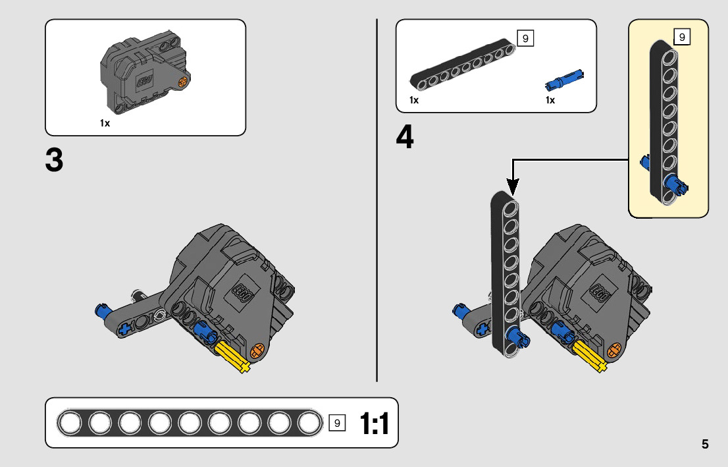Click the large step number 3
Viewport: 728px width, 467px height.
tap(54, 160)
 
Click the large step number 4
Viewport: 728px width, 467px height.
tap(405, 138)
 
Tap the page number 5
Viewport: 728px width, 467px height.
tap(705, 444)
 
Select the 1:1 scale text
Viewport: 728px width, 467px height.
tap(374, 424)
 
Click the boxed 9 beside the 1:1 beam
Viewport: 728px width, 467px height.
tap(336, 424)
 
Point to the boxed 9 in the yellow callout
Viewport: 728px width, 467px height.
tap(682, 37)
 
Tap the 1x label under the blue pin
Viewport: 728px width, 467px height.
tap(550, 100)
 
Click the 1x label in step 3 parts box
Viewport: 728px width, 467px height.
tap(105, 123)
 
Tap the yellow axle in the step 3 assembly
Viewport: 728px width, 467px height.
tap(232, 358)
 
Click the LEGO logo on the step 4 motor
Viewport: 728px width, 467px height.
tap(599, 291)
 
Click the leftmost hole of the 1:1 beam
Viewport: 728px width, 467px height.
tap(69, 423)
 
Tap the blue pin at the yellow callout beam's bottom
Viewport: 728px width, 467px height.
tap(675, 184)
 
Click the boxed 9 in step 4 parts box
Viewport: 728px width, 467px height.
tap(525, 38)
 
